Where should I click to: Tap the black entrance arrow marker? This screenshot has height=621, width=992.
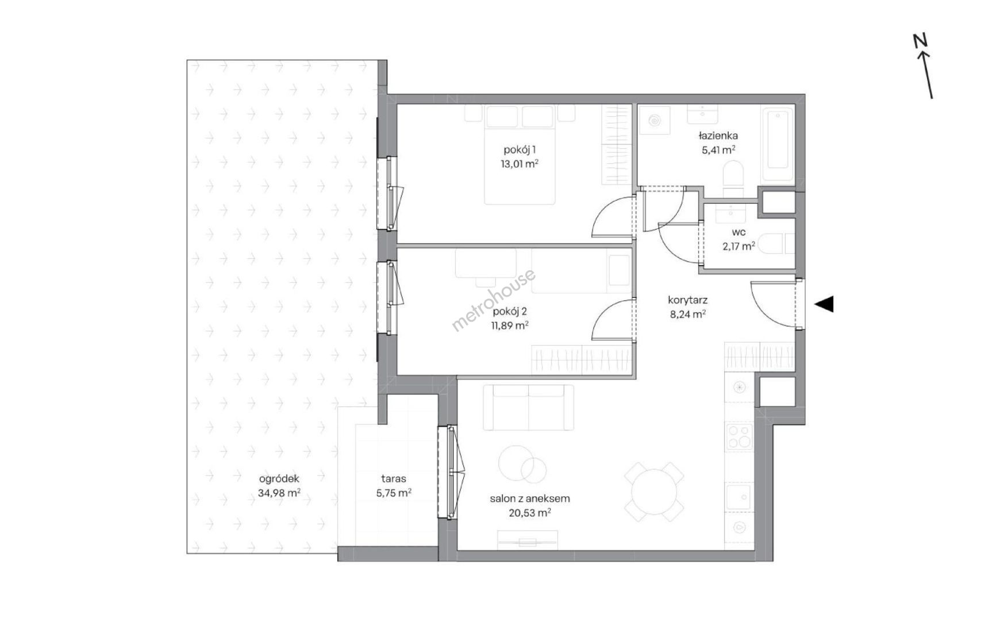825,304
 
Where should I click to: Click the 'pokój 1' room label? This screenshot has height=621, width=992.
520,150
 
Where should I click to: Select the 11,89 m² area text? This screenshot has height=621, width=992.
510,325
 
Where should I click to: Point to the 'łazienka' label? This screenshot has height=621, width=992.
718,136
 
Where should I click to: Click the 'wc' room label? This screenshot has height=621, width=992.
739,232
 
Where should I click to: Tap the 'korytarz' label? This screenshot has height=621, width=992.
687,300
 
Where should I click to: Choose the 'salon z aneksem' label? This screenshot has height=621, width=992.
530,499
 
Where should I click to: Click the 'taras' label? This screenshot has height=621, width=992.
394,478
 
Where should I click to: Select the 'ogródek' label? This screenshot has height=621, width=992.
279,479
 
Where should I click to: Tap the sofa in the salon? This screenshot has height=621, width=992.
529,407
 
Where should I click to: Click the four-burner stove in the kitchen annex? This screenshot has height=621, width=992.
739,436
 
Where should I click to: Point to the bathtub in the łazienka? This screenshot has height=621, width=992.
778,139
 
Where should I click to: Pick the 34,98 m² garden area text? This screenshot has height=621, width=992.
279,493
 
